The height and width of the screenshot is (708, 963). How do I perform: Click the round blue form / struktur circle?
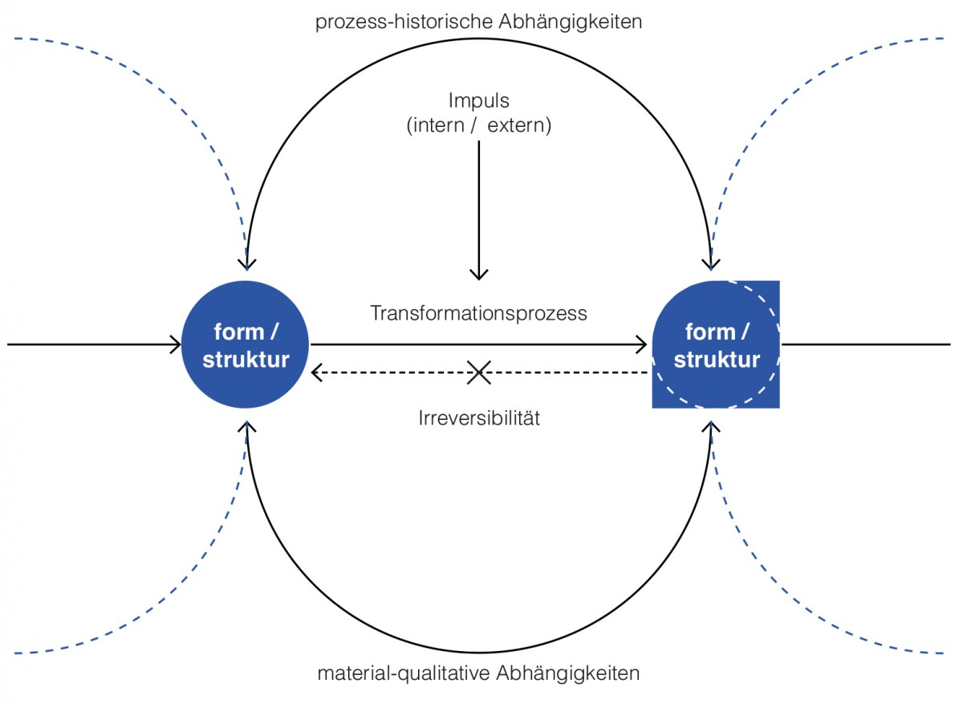[246, 345]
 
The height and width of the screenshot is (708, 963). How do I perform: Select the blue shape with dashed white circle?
[716, 345]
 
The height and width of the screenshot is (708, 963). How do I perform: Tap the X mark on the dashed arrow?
[479, 372]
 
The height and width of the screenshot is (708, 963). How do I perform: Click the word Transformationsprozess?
[478, 313]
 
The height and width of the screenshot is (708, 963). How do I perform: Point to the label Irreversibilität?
[478, 418]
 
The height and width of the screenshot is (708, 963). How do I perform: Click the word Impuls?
[478, 101]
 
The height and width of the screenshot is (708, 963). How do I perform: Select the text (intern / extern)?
[478, 126]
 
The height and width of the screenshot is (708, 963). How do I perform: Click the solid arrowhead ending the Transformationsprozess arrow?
[642, 345]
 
